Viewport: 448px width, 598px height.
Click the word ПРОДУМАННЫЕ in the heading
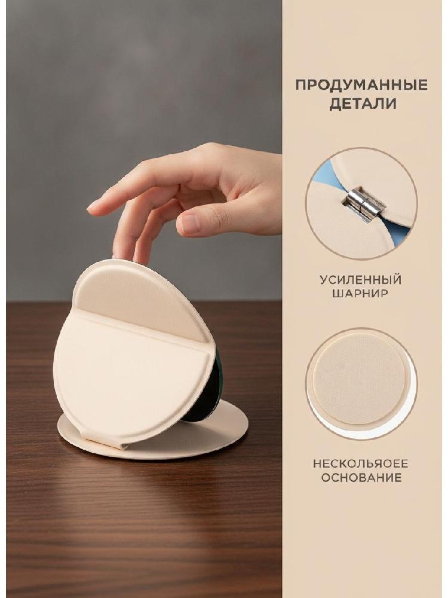coord(361,85)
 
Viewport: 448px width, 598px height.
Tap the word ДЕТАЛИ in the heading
coord(363,104)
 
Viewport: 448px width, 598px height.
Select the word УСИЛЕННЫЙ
coord(360,280)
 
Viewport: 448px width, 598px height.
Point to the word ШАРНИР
coord(361,293)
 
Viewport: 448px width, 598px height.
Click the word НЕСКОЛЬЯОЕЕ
coord(360,464)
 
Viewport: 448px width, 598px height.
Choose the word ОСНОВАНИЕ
coord(361,477)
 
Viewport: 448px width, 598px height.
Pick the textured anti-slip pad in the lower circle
coord(359,380)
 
